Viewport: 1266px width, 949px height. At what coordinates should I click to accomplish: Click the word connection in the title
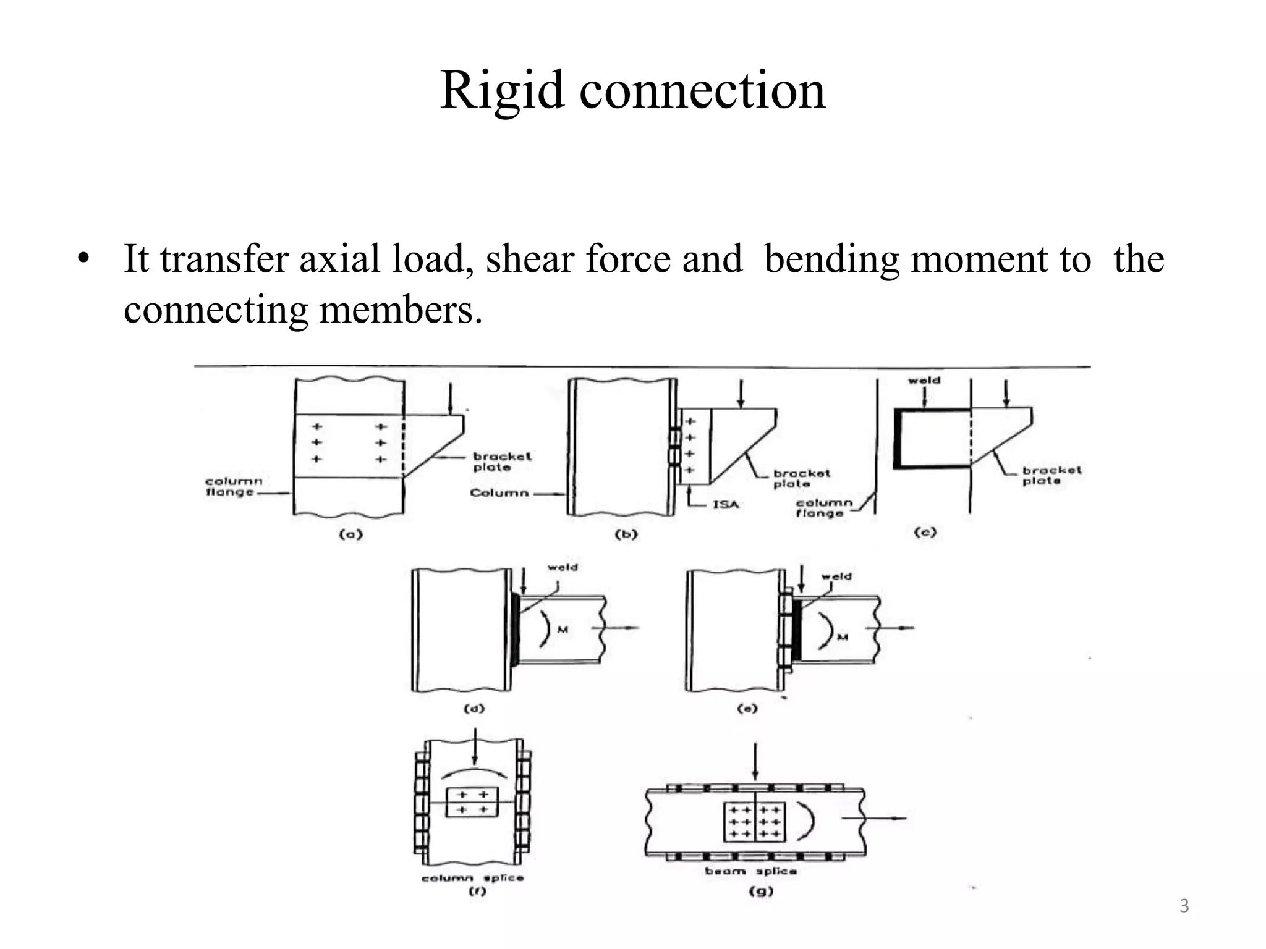pos(702,91)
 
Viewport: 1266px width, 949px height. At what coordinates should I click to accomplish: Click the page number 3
pos(1184,906)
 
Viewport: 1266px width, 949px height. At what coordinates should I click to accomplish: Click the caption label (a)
pos(350,534)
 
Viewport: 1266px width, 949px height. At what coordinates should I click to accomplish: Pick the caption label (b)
pos(626,534)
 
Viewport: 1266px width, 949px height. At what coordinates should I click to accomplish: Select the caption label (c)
pos(925,532)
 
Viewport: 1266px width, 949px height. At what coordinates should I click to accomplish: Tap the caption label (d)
pos(475,709)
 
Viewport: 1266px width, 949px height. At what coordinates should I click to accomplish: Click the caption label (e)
pos(747,709)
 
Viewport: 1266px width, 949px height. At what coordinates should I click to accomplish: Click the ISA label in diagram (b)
pos(726,505)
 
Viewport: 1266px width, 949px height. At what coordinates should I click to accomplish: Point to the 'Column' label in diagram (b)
pos(499,492)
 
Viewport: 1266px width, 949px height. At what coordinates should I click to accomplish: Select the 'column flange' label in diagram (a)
pos(234,487)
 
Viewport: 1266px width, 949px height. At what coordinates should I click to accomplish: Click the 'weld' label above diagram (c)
pos(924,381)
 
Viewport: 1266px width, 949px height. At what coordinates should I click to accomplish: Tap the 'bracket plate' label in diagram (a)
pos(502,462)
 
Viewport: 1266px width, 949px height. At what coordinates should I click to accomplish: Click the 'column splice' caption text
pos(472,877)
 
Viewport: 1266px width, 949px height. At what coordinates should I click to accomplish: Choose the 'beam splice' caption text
pos(750,871)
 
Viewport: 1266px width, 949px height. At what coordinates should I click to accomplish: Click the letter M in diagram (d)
pos(563,630)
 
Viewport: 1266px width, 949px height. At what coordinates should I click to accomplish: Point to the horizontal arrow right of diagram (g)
pos(874,818)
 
